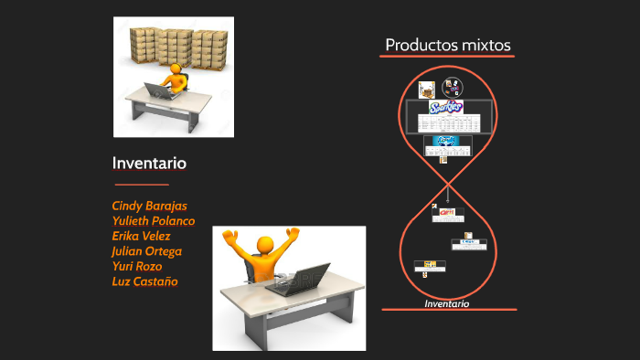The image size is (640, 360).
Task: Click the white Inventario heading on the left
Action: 149,164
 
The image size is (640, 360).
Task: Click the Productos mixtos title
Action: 447,45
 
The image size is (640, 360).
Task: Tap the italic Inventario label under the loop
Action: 447,303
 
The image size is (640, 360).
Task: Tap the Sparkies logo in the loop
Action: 446,107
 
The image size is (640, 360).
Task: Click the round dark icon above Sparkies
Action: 452,89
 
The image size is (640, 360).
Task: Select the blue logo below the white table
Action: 447,141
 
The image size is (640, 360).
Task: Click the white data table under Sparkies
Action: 448,123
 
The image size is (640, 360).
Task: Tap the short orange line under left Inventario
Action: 139,185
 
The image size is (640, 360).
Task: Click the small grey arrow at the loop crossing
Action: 448,195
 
